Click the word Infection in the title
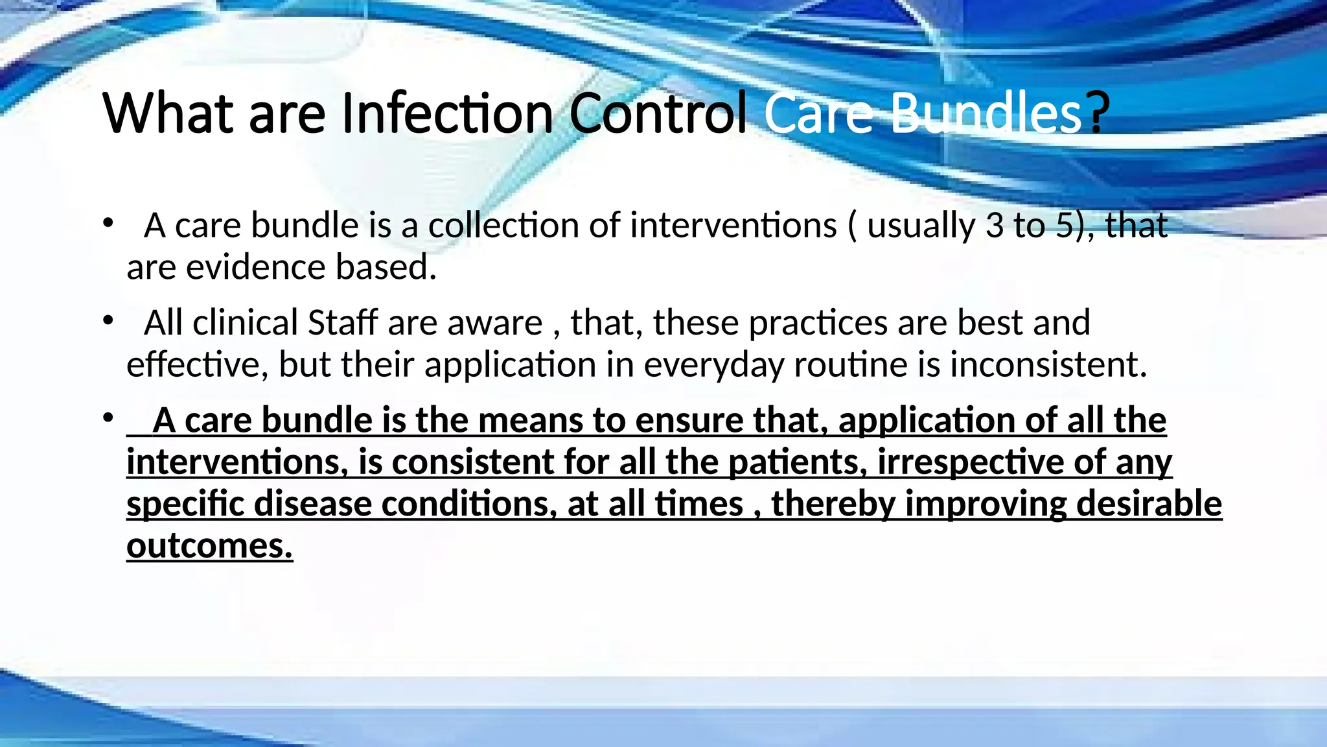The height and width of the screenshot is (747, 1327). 446,113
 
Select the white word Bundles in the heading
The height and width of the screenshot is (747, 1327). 986,113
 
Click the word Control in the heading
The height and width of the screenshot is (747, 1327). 658,113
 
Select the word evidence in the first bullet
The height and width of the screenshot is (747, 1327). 255,267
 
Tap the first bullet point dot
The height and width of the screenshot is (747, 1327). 108,223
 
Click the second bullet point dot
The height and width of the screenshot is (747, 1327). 108,320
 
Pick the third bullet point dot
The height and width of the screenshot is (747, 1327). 108,418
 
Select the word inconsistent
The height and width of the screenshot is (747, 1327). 1048,364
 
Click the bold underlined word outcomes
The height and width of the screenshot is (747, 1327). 209,546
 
